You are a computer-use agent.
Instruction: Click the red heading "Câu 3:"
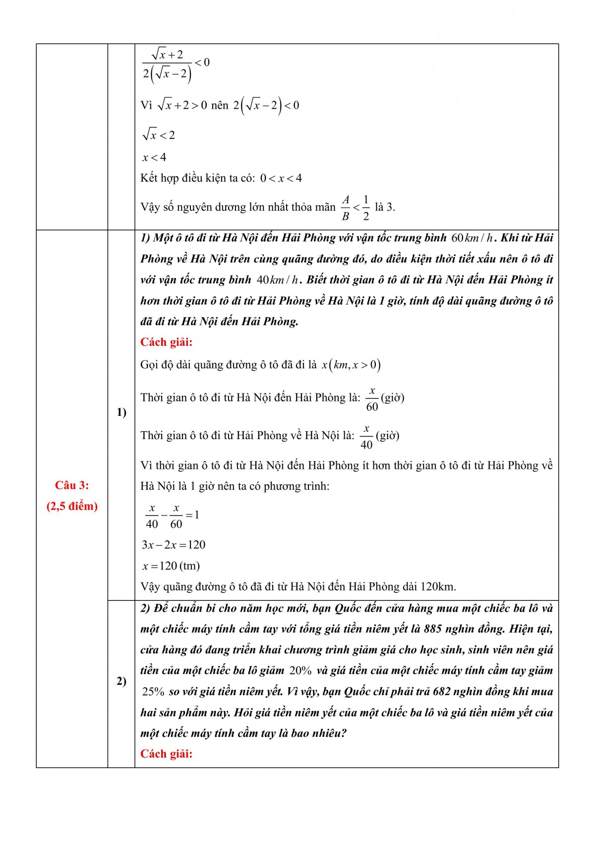(72, 485)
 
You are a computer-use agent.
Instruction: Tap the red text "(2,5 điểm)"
(72, 506)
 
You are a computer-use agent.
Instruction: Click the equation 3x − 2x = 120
(174, 545)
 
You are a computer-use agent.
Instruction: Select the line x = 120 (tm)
(171, 566)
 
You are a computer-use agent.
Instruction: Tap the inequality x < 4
(154, 158)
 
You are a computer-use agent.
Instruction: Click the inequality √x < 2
(159, 135)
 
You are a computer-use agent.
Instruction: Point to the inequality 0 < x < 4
(281, 178)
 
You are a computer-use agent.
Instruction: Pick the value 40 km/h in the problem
(277, 280)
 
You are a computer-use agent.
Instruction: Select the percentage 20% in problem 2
(300, 671)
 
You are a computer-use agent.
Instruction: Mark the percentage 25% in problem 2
(153, 692)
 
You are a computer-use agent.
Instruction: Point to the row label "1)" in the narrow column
(121, 412)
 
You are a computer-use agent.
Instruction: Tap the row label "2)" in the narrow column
(121, 681)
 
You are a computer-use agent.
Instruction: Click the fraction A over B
(346, 207)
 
